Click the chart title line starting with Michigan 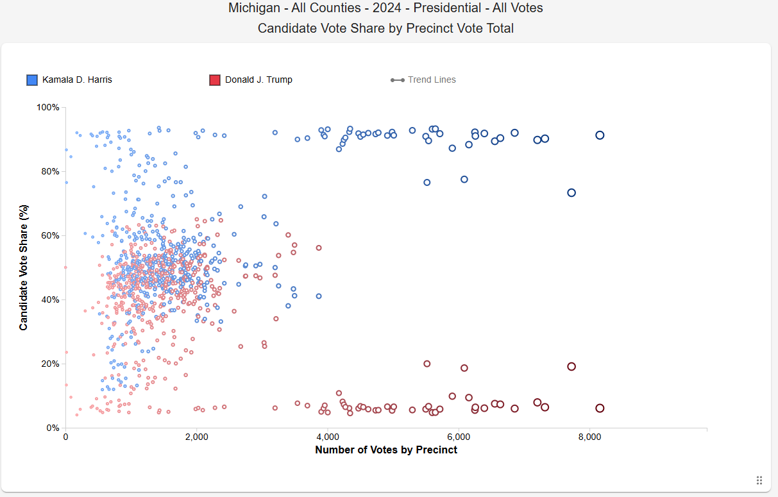[x=385, y=8]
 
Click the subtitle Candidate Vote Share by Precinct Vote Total [x=385, y=28]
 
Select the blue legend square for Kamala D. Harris [x=32, y=80]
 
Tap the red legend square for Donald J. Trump [x=215, y=80]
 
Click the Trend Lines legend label [x=432, y=80]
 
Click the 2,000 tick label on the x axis [x=196, y=437]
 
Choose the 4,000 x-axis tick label [x=327, y=437]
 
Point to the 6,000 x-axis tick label [x=458, y=437]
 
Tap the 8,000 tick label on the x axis [x=589, y=437]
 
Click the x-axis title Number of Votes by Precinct [x=386, y=450]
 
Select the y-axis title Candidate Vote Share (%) [x=24, y=267]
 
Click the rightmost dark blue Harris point [x=600, y=135]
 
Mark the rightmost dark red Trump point [x=600, y=409]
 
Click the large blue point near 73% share [x=571, y=193]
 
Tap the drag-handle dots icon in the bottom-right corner [x=759, y=480]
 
